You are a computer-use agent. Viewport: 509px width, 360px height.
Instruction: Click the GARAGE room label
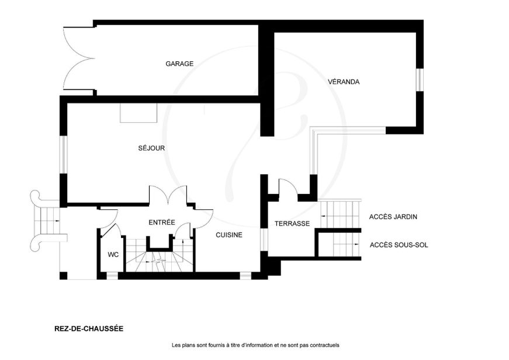179,64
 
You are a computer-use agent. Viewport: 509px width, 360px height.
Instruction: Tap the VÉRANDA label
344,81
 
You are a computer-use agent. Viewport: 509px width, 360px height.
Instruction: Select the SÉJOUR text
151,148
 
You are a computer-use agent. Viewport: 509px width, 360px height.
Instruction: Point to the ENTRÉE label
162,222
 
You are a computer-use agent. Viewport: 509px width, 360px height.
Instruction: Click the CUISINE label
229,235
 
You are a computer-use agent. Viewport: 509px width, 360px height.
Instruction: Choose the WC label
113,255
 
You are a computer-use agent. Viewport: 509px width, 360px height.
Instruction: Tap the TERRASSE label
292,223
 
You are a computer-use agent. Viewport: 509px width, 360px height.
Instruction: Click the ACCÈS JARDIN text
393,216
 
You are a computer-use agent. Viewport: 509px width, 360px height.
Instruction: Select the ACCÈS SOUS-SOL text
399,245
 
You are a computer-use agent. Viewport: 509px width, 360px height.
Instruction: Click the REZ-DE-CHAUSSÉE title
89,328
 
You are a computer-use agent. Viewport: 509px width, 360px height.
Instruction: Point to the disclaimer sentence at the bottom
255,345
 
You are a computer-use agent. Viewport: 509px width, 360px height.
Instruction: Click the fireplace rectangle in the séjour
138,113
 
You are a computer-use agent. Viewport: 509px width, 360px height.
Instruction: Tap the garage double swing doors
79,58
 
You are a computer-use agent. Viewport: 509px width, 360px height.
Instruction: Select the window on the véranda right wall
420,80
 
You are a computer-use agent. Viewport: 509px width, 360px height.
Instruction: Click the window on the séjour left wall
63,154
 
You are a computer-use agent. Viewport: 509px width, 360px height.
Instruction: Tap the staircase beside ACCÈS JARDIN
340,214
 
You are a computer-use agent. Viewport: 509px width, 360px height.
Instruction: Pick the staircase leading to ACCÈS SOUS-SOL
347,245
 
